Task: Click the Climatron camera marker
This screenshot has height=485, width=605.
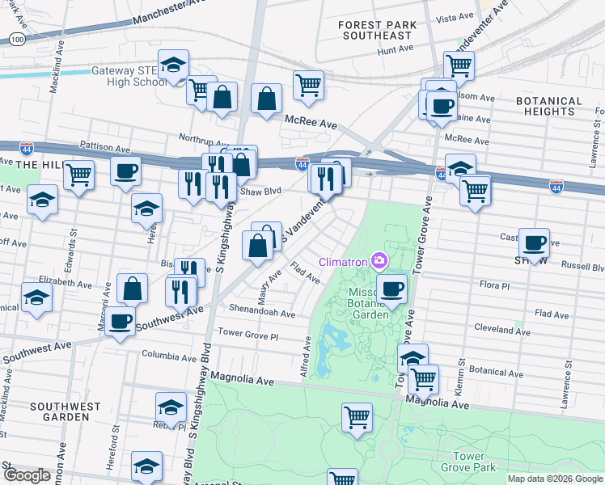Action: coord(379,260)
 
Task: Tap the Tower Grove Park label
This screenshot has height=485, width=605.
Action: coord(468,462)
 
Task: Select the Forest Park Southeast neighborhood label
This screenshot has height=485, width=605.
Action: coord(378,30)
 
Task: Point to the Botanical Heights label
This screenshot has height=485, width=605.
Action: coord(549,108)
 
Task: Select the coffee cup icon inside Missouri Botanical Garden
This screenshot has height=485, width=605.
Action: coord(391,288)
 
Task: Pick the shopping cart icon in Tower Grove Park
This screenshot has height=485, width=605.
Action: coord(357,417)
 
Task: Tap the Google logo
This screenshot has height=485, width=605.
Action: coord(27,475)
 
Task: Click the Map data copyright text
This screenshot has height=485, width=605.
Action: coord(555,479)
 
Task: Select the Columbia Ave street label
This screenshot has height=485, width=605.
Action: coord(169,354)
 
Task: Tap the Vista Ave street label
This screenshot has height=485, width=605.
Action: coord(454,16)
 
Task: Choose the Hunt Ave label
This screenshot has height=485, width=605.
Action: coord(395,50)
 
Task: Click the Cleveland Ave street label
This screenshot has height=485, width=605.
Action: coord(502,330)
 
